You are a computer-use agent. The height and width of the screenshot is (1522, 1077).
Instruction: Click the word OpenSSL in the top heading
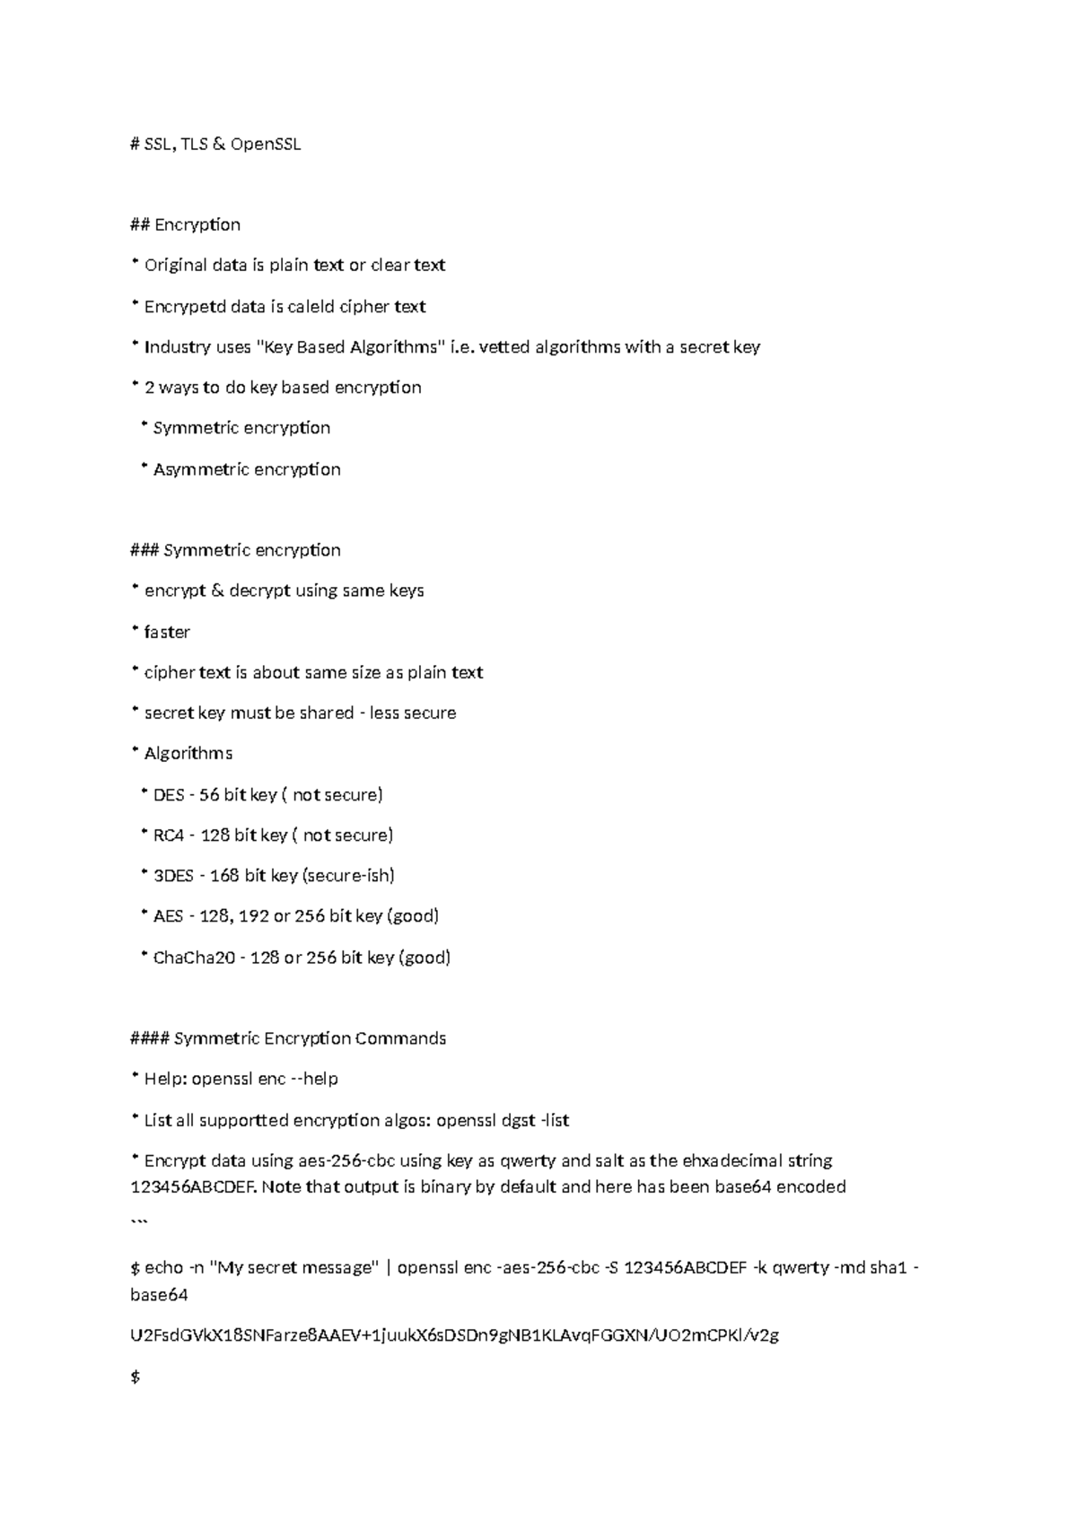tap(266, 144)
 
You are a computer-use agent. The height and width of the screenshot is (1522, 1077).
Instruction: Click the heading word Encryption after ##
tap(197, 224)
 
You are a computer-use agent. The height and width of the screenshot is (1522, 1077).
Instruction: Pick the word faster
tap(167, 632)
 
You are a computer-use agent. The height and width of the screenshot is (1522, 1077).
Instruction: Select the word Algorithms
tap(188, 754)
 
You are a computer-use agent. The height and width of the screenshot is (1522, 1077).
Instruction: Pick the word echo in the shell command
tap(163, 1268)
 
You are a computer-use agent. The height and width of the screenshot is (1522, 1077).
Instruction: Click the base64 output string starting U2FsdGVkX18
tap(454, 1335)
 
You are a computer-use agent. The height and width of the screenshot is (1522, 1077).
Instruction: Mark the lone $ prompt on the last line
tap(136, 1377)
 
